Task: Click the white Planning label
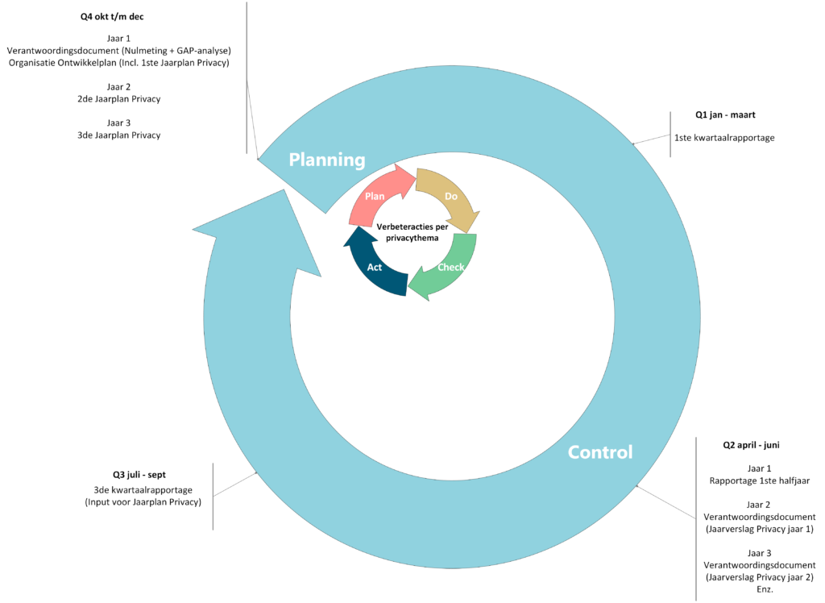coord(327,160)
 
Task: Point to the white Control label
coord(600,452)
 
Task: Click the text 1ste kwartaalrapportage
coord(724,138)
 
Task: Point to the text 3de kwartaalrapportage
coord(143,490)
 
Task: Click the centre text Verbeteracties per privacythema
coord(412,232)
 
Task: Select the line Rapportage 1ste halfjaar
coord(759,481)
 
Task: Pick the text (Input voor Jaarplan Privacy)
coord(143,503)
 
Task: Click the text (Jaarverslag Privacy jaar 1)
coord(759,529)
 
